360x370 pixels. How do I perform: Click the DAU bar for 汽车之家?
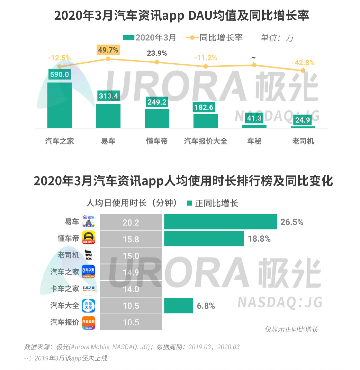coord(59,105)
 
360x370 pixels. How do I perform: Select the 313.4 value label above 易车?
coord(108,96)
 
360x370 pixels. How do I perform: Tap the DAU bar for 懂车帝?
coord(157,118)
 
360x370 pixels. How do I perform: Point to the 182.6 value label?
coord(206,107)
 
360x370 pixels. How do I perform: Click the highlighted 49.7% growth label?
coord(108,50)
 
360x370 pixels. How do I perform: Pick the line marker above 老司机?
coord(303,70)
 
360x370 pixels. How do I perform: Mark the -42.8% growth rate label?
coord(303,63)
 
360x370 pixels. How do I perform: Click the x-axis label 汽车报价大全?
coord(206,141)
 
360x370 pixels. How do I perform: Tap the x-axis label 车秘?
coord(254,141)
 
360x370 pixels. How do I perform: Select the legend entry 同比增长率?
coord(221,37)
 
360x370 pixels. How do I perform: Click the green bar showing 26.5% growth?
coord(220,222)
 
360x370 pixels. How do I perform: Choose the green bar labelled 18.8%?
coord(204,238)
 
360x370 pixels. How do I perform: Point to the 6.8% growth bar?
coord(178,305)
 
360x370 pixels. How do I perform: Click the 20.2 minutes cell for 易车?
coord(131,222)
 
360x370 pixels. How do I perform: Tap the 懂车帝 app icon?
coord(89,239)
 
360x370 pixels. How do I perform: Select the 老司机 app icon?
coord(89,255)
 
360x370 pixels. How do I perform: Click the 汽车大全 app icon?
coord(89,305)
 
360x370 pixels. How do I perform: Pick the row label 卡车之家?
coord(65,289)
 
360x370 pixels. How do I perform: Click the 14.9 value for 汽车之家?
coord(131,272)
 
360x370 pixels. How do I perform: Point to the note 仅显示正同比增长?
coord(291,330)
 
